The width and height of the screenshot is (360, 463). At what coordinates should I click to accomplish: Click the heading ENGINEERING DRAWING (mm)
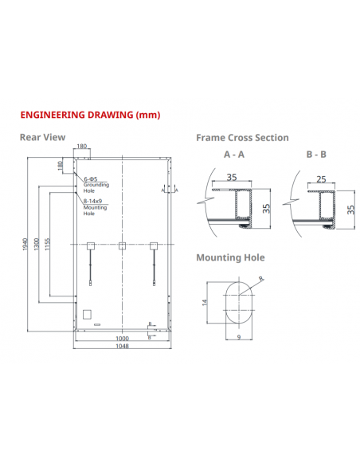90,115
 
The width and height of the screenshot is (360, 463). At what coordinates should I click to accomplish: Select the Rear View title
42,137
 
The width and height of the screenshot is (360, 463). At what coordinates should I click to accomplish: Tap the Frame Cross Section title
242,137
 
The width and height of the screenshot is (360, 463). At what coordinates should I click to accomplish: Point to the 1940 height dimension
25,244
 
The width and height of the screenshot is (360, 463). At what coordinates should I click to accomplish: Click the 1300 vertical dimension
37,244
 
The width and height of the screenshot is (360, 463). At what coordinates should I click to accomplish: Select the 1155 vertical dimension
48,244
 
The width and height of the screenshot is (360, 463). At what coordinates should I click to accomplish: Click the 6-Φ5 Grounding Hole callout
94,182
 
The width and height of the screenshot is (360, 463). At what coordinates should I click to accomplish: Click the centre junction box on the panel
122,245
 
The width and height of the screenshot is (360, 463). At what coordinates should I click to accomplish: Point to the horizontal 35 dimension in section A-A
232,179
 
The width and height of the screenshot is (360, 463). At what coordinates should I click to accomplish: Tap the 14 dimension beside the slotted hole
204,303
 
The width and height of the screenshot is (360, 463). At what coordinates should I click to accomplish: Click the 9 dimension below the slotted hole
238,337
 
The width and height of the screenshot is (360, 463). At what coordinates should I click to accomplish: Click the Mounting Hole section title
230,257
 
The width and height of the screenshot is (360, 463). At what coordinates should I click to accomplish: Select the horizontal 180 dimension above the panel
82,147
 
